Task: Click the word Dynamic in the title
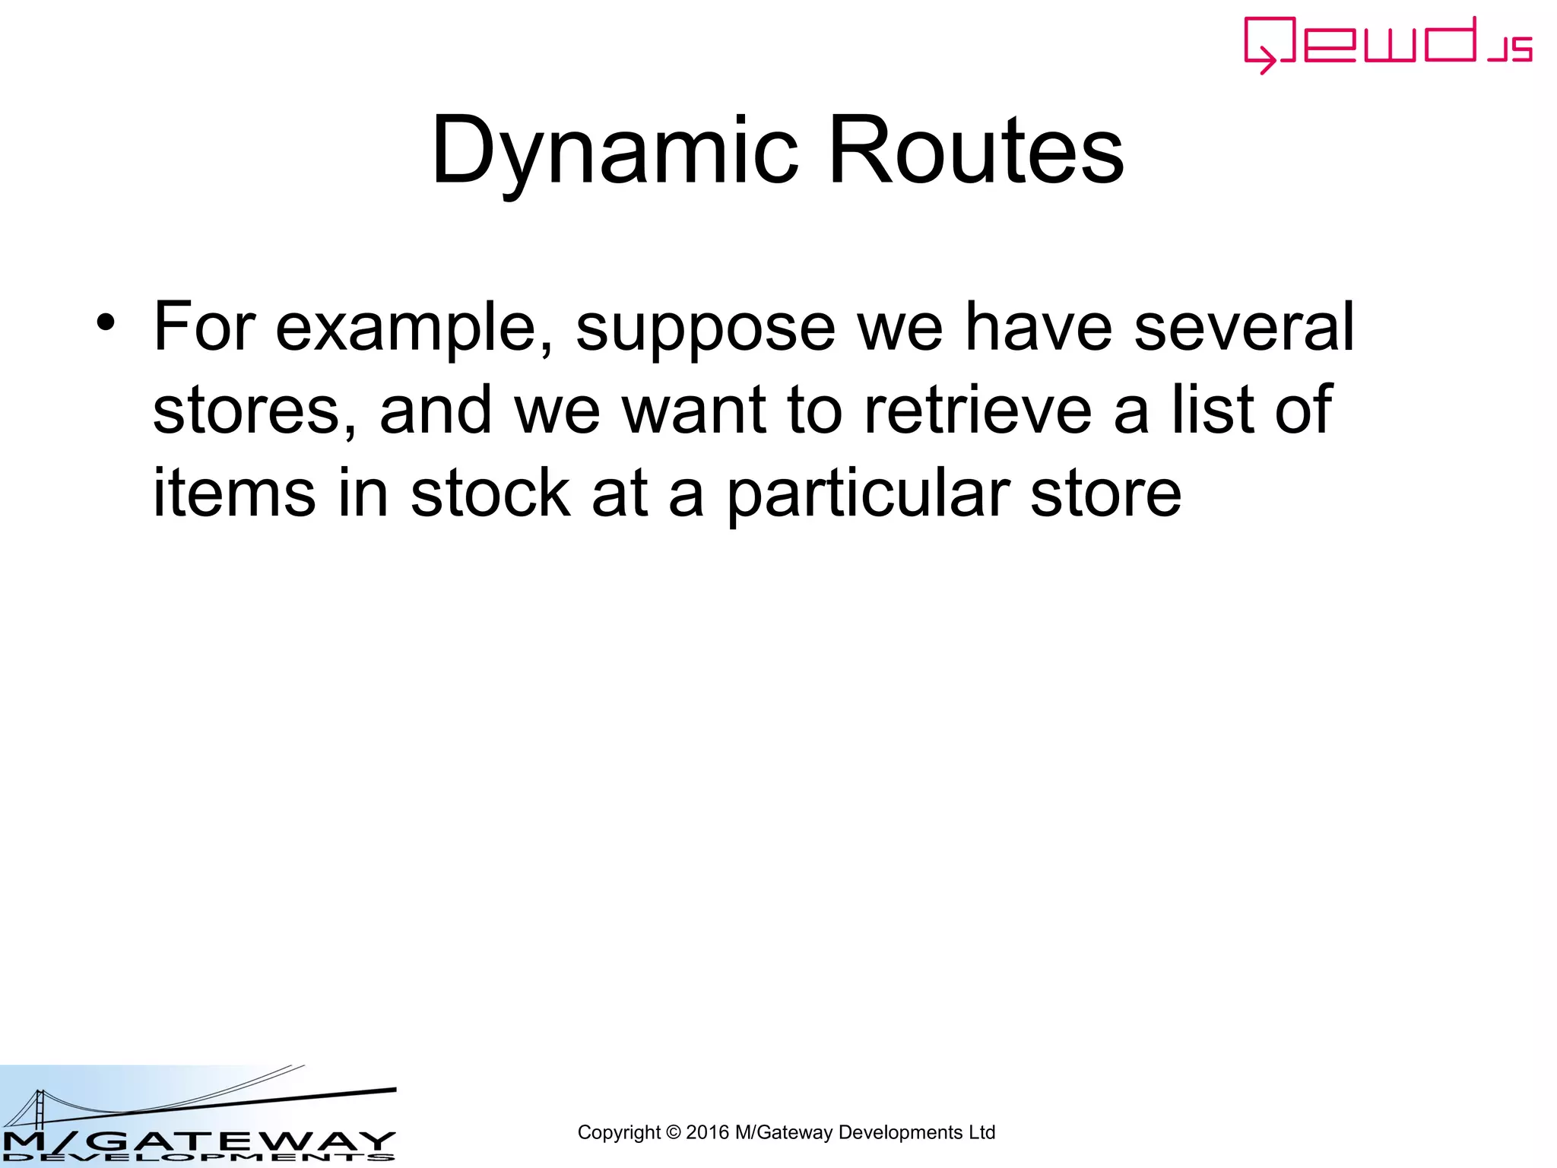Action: tap(614, 151)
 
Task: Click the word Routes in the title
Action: tap(976, 151)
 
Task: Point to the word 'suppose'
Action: tap(706, 328)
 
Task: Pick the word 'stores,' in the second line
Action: tap(254, 411)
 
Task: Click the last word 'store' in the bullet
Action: tap(1105, 494)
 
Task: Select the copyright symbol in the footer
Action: tap(673, 1133)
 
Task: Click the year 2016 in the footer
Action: tap(707, 1133)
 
